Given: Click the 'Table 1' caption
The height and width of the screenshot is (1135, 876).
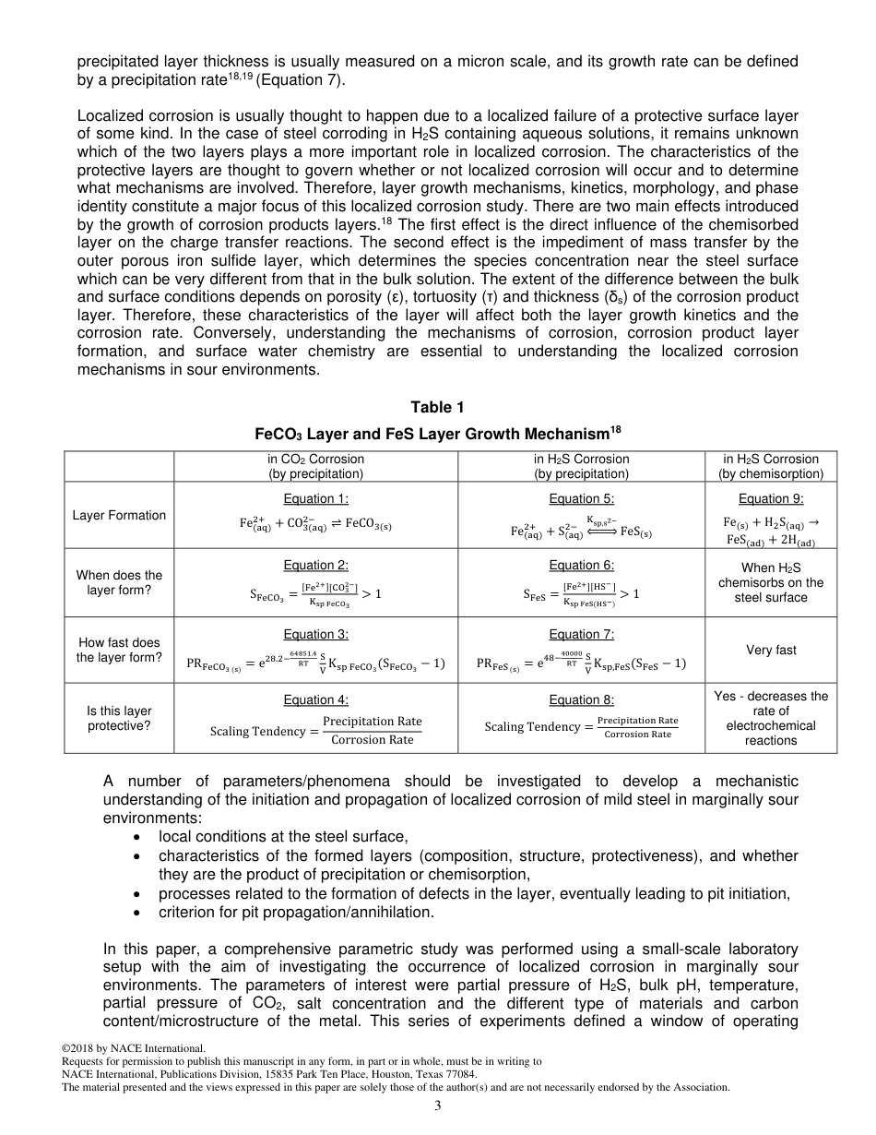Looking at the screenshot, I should [438, 408].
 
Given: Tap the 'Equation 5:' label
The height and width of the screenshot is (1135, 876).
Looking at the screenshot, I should [581, 499].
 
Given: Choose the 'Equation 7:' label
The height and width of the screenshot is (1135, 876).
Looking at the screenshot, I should [581, 634].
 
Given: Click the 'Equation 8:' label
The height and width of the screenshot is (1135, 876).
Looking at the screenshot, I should [581, 700].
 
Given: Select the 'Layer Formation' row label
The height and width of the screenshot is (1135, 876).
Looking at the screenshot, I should [119, 516].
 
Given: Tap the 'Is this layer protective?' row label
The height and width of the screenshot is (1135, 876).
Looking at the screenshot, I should [119, 718].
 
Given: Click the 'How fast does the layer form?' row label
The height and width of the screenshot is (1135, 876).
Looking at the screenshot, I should [119, 650].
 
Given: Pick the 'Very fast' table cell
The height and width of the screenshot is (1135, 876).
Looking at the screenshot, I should [771, 650].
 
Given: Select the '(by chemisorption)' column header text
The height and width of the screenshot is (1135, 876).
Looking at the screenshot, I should [771, 474].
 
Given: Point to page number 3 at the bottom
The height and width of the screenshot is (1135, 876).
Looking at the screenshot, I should [438, 1106].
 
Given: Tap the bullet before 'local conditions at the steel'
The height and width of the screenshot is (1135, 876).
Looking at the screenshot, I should [137, 837].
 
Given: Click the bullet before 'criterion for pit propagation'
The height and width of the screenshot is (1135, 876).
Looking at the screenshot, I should [137, 913].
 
